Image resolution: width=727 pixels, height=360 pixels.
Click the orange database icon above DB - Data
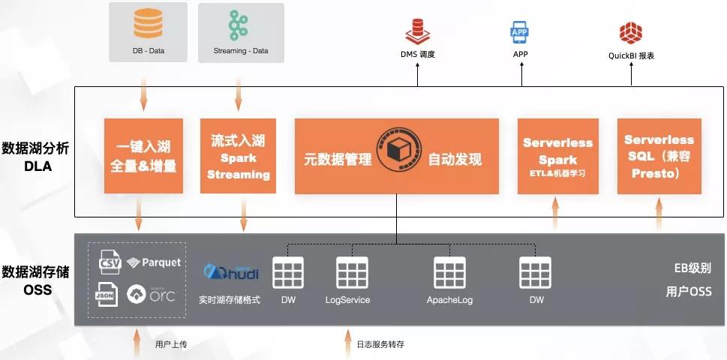click(x=147, y=24)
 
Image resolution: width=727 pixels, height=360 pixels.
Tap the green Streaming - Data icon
click(x=239, y=25)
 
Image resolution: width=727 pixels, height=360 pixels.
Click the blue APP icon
click(x=520, y=32)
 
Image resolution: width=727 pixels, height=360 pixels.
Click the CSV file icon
click(x=110, y=263)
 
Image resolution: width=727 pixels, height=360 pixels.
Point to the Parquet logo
click(x=154, y=262)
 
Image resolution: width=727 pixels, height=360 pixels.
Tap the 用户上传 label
click(x=171, y=344)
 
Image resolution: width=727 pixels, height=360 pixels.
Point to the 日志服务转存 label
click(x=380, y=344)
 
